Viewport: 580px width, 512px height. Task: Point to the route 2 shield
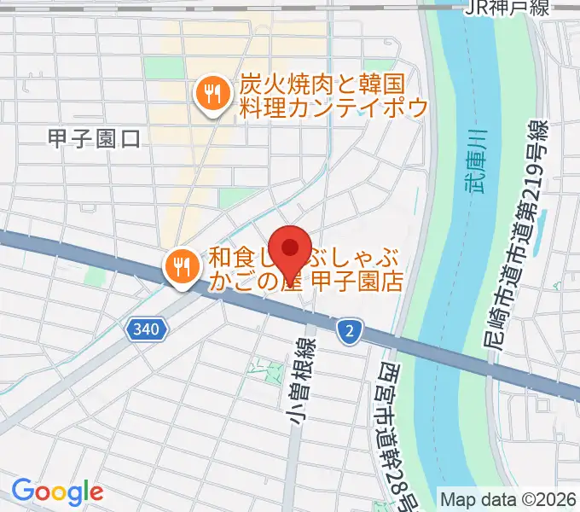point(349,328)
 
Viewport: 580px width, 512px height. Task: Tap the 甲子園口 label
point(94,138)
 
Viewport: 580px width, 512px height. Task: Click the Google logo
point(57,492)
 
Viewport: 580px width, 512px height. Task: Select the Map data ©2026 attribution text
point(507,499)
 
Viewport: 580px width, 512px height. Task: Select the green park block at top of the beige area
point(158,67)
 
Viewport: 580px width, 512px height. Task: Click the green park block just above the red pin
point(232,198)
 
